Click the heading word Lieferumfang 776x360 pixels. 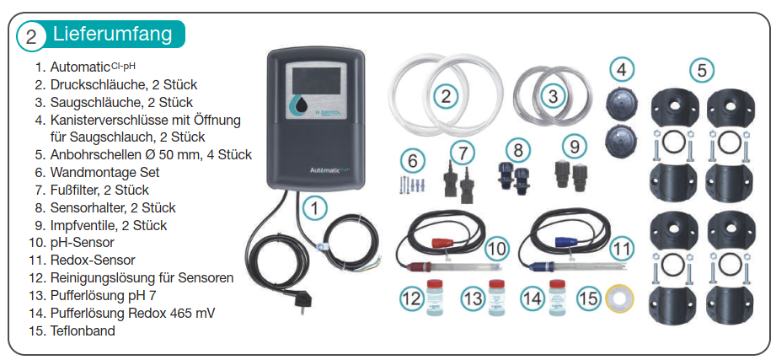point(112,34)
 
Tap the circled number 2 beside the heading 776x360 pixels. point(30,36)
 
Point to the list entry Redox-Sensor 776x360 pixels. point(93,260)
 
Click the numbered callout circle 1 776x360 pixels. point(313,207)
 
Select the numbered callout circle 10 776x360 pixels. point(497,248)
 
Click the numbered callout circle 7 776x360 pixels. point(462,153)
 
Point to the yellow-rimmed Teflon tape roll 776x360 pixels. point(620,298)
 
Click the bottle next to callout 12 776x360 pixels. point(435,298)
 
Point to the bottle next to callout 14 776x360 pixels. point(556,298)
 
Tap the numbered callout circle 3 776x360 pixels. point(553,95)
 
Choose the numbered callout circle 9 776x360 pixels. point(575,146)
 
